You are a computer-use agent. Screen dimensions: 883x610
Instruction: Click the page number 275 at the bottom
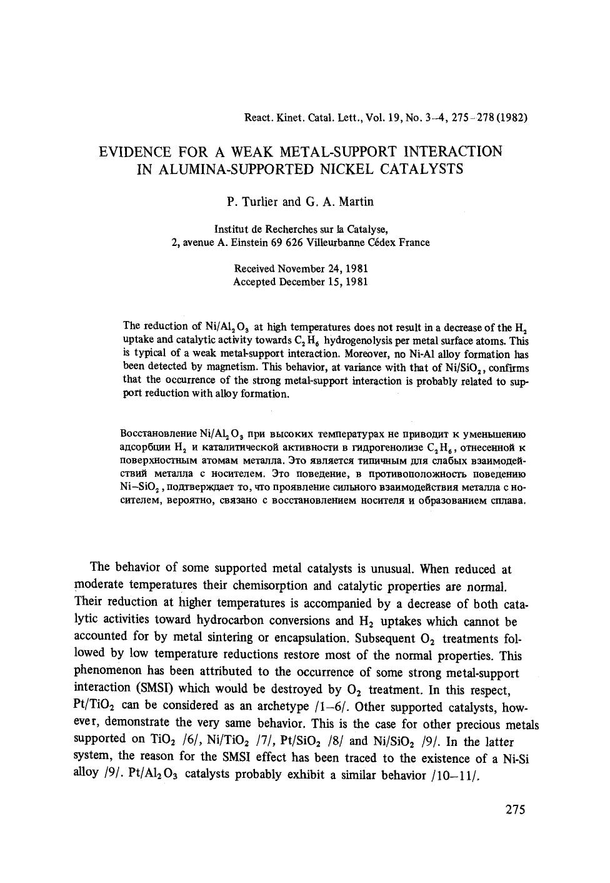click(515, 810)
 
